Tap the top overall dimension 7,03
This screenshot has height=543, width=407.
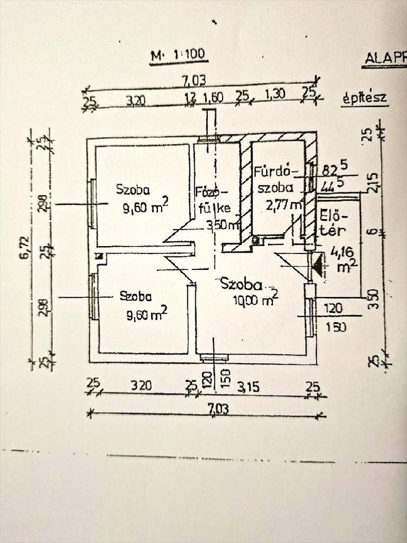pos(194,81)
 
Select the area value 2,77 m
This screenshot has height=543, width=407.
pos(284,205)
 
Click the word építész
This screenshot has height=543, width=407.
pos(364,98)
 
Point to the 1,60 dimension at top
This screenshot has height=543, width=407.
pos(212,99)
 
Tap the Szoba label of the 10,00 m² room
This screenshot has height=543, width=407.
pos(240,284)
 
